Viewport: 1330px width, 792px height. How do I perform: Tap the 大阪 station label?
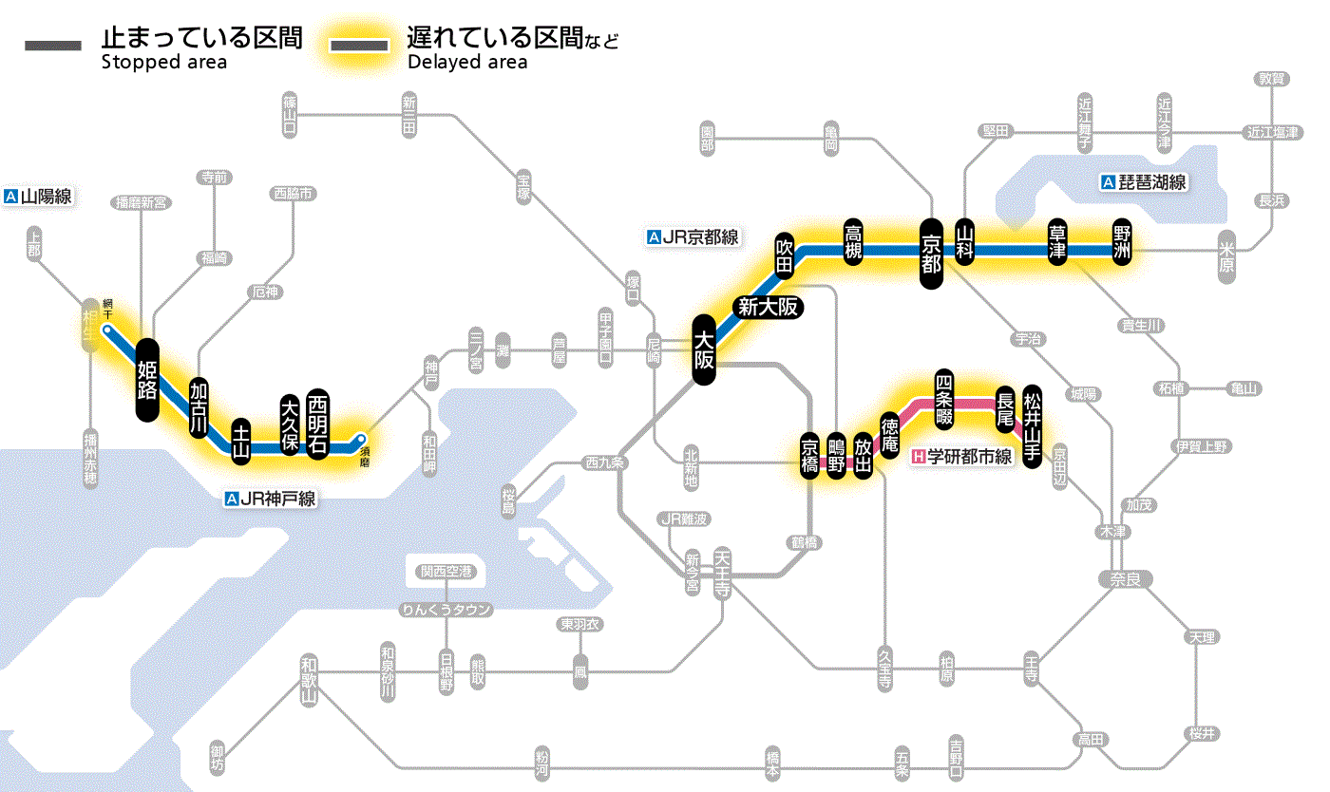coord(703,349)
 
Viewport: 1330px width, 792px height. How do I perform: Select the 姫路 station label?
coord(147,380)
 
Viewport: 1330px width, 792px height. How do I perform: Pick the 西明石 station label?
coord(317,424)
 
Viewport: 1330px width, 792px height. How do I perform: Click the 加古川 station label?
coord(198,408)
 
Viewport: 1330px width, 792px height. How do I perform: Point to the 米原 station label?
coord(1226,257)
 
